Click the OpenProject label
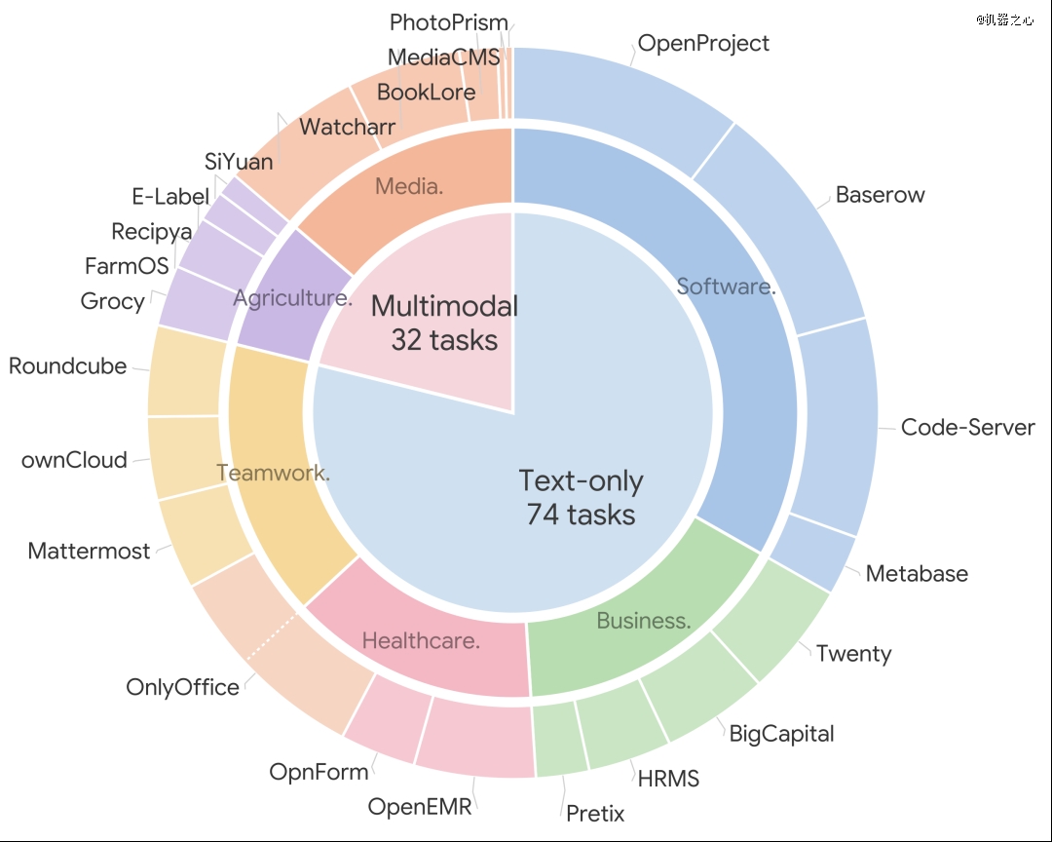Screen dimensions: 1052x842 (x=703, y=44)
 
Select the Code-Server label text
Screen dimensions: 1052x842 (x=967, y=427)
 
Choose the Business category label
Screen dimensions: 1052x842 (x=644, y=621)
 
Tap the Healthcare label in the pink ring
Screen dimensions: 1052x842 (x=421, y=640)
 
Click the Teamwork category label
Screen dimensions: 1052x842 (x=273, y=473)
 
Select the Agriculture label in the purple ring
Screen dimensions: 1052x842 (x=292, y=297)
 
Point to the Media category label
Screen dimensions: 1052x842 (x=409, y=186)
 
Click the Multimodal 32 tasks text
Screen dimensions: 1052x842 (x=444, y=323)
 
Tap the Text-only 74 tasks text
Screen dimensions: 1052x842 (x=581, y=498)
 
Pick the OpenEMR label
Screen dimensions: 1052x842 (x=420, y=806)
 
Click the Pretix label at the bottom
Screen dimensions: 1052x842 (x=595, y=813)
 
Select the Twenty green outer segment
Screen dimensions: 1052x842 (x=771, y=621)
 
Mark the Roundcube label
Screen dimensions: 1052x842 (x=68, y=366)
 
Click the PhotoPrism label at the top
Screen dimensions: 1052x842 (x=449, y=22)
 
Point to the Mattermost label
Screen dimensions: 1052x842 (x=89, y=551)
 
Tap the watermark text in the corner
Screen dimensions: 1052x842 (x=1005, y=19)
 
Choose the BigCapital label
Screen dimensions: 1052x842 (x=781, y=734)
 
